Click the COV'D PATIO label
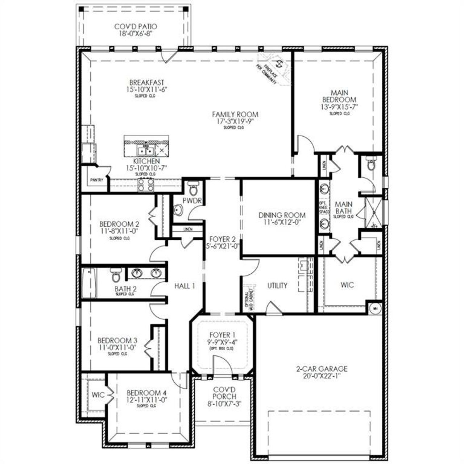tap(136, 27)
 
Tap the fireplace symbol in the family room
tap(278, 65)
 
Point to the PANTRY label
tap(97, 180)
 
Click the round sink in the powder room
tap(178, 210)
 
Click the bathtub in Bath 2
tap(89, 283)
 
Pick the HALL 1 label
tap(185, 286)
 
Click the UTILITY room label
tap(277, 286)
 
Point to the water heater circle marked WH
tap(375, 308)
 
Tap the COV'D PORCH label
tap(222, 397)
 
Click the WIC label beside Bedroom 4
tap(98, 394)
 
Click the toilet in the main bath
tap(370, 165)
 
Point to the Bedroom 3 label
tap(117, 341)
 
